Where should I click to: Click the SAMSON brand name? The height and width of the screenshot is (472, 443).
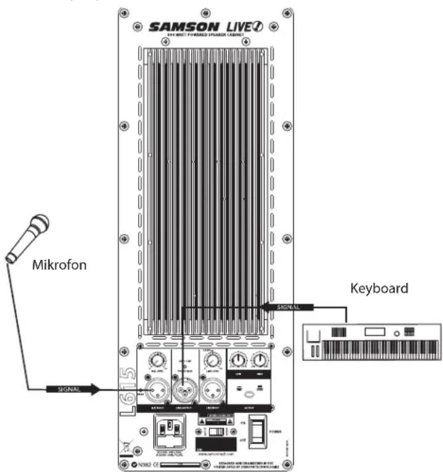point(180,27)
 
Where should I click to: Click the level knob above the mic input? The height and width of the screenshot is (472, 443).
point(158,362)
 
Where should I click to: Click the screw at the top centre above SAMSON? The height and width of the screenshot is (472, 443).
point(203,11)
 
